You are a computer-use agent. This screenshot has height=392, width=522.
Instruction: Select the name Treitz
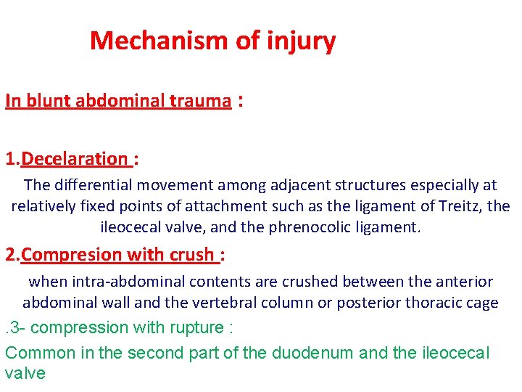pos(460,206)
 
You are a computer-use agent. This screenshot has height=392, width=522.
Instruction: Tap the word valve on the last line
pos(25,374)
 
